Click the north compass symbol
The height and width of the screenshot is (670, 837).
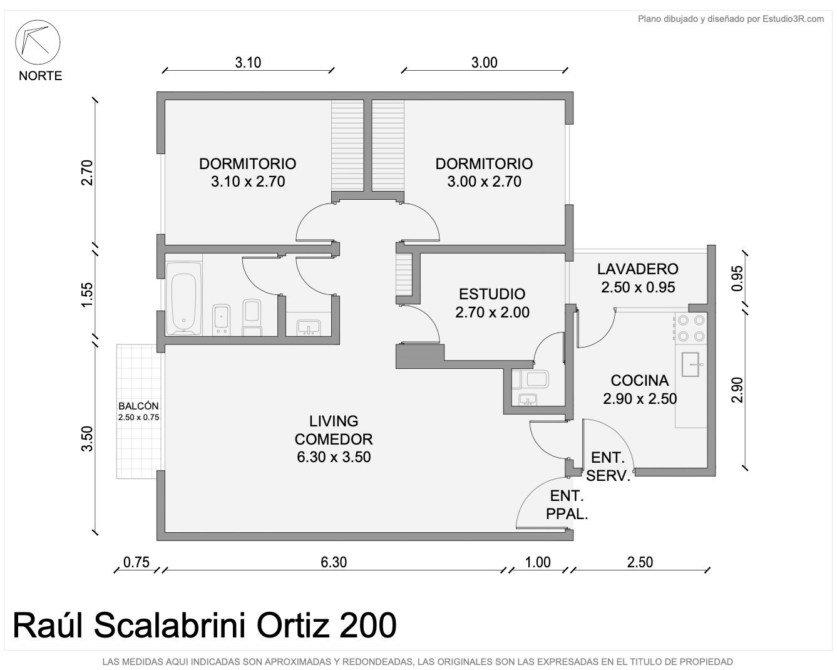click(38, 42)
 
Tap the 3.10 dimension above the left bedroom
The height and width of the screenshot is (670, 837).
click(248, 62)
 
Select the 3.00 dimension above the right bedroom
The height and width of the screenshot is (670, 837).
click(484, 62)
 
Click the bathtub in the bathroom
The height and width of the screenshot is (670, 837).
click(183, 299)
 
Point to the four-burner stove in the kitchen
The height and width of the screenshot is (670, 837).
click(691, 328)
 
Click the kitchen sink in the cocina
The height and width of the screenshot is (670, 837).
click(691, 364)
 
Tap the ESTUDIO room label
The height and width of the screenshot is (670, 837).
click(492, 294)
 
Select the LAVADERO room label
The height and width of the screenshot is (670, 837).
click(638, 269)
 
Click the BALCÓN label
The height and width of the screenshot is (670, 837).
click(138, 406)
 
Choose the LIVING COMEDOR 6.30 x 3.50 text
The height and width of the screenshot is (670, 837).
click(334, 439)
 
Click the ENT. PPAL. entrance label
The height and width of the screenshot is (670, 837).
click(567, 505)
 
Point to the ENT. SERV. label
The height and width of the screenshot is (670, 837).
click(608, 466)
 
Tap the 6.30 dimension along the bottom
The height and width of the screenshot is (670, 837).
click(334, 562)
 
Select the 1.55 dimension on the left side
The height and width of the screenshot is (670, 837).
click(88, 294)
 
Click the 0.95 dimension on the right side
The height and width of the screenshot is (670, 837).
click(737, 278)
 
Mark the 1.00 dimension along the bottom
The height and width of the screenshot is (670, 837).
click(538, 562)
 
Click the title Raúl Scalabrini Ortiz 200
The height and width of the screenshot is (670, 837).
click(205, 626)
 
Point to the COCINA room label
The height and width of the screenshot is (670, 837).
click(640, 381)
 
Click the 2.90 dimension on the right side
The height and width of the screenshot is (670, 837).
click(737, 390)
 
